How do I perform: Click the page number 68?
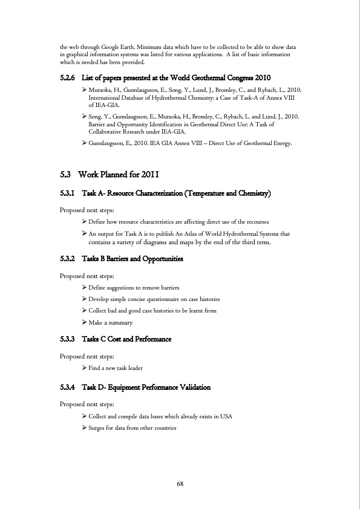(x=180, y=484)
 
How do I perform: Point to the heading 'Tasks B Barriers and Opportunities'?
(x=132, y=259)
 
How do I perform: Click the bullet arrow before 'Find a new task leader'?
(x=84, y=367)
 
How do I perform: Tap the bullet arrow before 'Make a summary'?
(x=84, y=322)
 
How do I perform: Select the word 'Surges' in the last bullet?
(x=98, y=428)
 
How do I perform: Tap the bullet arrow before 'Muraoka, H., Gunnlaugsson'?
(x=84, y=89)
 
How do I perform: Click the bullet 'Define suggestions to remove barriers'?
(x=133, y=288)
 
